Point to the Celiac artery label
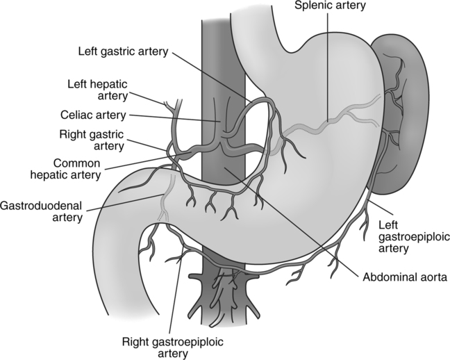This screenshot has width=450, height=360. click(x=92, y=114)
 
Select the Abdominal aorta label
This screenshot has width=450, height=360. click(x=404, y=276)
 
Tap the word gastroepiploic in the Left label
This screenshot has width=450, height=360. click(x=414, y=237)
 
